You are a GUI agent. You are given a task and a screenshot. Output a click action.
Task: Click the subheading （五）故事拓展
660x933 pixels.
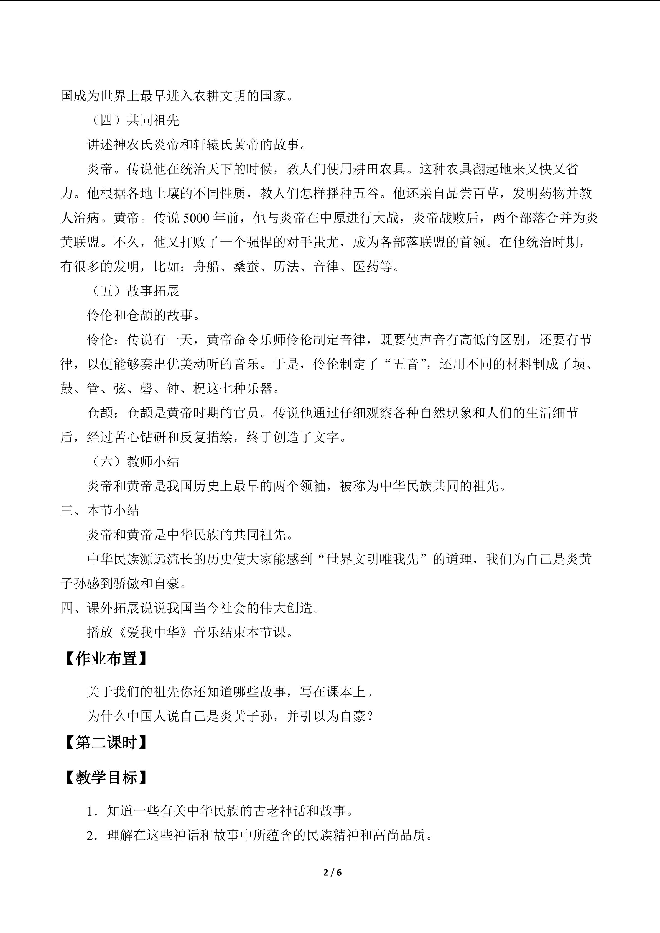pos(133,291)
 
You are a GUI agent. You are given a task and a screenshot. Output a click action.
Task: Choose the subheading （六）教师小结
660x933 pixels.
pos(133,462)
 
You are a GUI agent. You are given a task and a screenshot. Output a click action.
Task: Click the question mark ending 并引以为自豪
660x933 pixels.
pos(370,716)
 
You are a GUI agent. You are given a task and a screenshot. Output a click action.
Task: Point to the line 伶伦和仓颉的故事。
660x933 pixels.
pos(144,315)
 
